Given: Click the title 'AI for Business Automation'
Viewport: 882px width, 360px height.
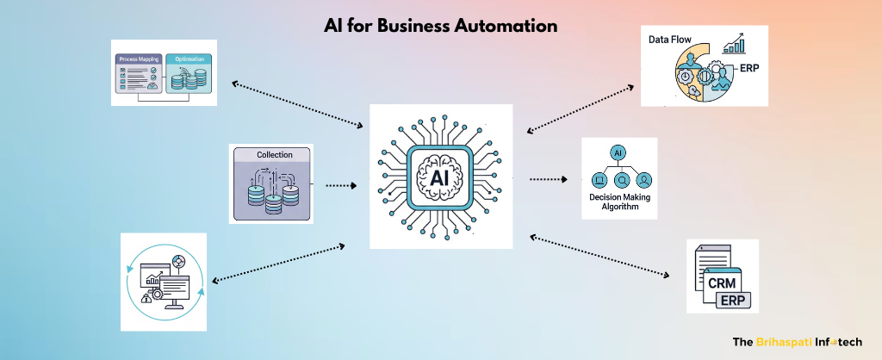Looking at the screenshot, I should (x=440, y=26).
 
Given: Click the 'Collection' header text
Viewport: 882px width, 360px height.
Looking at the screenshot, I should (x=274, y=155).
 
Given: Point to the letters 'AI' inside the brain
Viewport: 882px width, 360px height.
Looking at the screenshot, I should (x=439, y=177).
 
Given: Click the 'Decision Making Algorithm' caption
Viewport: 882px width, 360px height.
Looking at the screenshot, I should (x=618, y=202).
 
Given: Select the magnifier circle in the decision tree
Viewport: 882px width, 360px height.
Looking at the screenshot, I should (x=621, y=180).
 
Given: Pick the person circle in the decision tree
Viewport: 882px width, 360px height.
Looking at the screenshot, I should (x=643, y=180).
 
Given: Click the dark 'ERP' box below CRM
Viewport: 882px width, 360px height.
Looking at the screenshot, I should (x=733, y=300).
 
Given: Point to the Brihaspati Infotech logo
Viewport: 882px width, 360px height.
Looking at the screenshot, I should (x=802, y=341).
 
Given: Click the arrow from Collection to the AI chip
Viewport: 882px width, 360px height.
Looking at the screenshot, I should (x=340, y=184).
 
